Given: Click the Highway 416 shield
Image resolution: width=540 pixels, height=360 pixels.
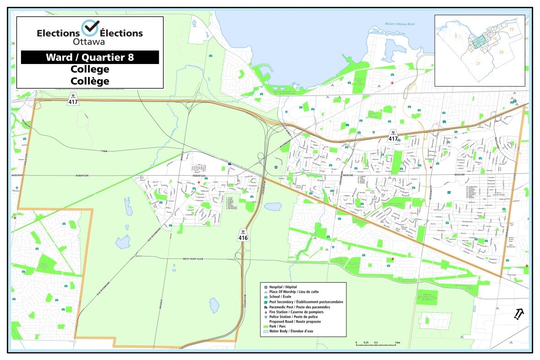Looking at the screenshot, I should [x=243, y=236].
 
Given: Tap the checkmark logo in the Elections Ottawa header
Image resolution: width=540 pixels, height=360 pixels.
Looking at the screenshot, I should [x=90, y=28].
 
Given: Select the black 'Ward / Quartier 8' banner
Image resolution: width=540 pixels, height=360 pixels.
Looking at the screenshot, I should [x=90, y=57].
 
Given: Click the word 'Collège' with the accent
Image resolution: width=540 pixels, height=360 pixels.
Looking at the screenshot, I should [x=90, y=81].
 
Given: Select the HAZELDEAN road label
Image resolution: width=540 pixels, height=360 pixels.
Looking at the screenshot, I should [x=17, y=176].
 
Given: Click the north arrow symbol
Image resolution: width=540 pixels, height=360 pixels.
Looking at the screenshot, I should [x=519, y=314].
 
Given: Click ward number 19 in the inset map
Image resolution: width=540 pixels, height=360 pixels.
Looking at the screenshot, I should [x=512, y=29].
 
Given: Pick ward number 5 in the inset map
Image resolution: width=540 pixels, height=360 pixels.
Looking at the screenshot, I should [x=455, y=35].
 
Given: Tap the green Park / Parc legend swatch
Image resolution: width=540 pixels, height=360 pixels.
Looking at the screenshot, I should [x=265, y=326].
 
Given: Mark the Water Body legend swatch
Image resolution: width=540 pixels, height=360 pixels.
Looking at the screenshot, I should [x=265, y=331].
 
